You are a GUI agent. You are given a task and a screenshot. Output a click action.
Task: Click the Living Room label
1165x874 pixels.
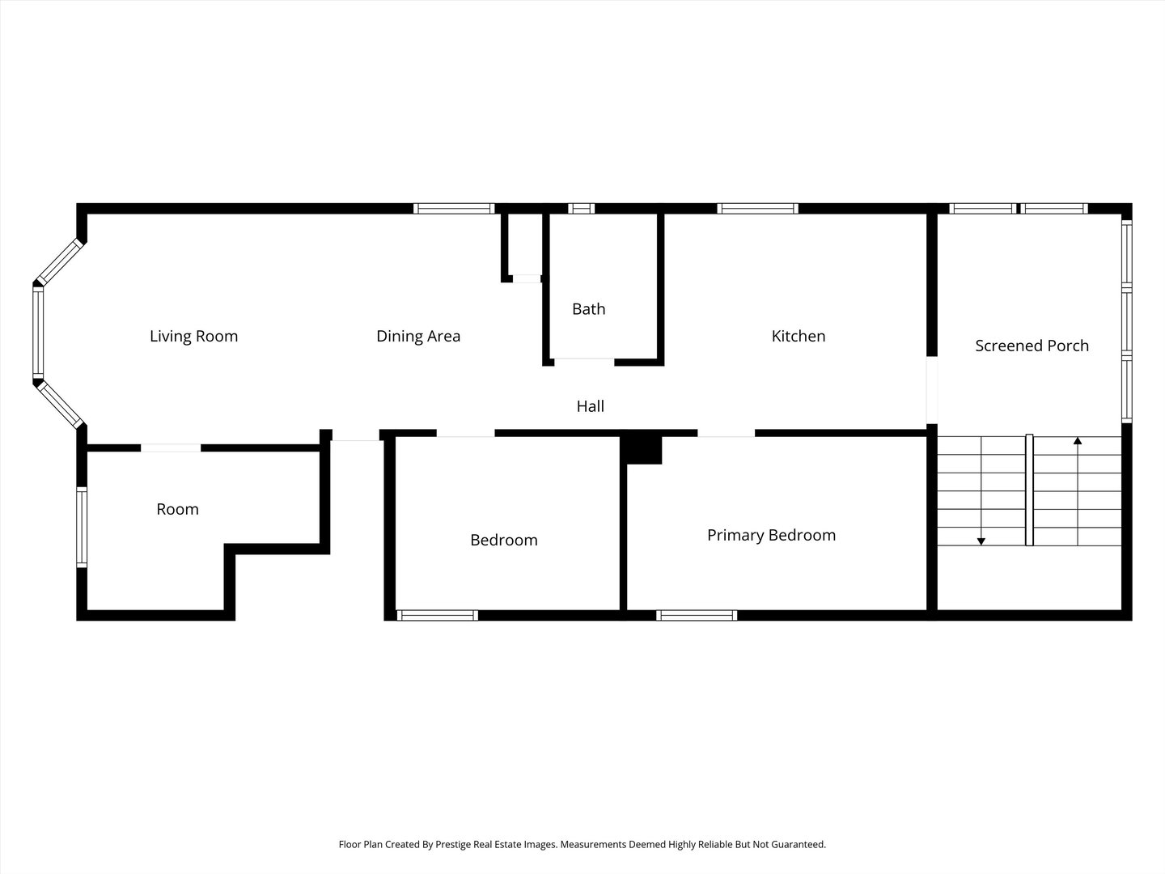[193, 336]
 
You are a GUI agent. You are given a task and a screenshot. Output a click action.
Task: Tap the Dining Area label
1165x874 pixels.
[418, 336]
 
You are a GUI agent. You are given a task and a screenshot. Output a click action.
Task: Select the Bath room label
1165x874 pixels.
[588, 308]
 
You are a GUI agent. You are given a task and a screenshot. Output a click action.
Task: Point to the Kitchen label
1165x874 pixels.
[798, 336]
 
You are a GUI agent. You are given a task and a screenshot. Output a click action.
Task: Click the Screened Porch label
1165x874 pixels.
[1032, 346]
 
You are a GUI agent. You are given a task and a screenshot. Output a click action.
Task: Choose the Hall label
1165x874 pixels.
[590, 406]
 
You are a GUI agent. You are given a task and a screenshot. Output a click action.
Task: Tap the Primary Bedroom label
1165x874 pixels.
[771, 535]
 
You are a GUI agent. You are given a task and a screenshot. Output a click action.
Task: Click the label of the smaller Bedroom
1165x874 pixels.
[503, 540]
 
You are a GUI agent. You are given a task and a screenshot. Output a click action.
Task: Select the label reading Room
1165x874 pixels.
[177, 509]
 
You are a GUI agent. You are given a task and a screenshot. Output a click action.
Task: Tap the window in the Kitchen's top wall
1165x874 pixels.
[757, 209]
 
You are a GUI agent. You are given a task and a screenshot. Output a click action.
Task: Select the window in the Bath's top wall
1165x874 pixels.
[581, 209]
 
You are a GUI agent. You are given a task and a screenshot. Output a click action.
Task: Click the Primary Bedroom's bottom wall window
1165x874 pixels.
[697, 615]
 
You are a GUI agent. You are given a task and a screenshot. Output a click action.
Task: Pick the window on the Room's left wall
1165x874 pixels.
[81, 527]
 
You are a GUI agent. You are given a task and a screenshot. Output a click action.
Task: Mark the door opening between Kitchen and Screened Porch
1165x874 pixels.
[931, 390]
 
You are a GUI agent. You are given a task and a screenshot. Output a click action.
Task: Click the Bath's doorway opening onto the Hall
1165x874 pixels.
[584, 361]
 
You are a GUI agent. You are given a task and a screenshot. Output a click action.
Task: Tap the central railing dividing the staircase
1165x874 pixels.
[1029, 490]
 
